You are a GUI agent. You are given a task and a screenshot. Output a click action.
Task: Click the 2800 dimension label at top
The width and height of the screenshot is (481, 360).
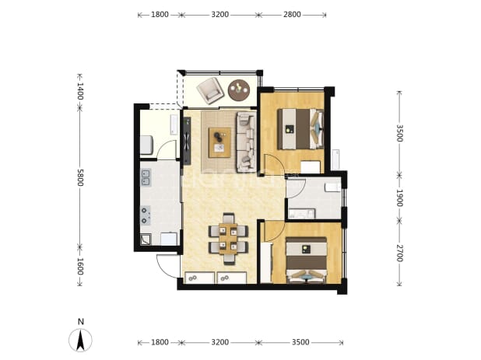click(292, 15)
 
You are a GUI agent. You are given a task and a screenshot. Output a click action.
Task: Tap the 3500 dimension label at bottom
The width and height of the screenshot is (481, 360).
click(300, 342)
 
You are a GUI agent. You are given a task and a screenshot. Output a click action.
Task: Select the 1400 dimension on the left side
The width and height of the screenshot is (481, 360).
click(79, 91)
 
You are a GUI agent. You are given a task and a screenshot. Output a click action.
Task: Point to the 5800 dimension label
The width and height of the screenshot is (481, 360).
click(79, 177)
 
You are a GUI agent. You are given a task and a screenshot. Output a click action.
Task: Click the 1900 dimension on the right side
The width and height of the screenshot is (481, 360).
click(399, 197)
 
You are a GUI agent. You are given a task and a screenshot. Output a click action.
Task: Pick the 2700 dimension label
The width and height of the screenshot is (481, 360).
click(399, 253)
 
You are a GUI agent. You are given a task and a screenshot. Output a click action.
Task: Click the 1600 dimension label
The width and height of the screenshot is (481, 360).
click(79, 266)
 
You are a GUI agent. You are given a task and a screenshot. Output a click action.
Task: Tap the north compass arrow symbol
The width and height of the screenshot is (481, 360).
click(80, 340)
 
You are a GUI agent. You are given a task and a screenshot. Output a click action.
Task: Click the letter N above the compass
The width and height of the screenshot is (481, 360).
click(81, 322)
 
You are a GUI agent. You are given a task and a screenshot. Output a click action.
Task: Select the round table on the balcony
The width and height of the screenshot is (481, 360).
click(239, 90)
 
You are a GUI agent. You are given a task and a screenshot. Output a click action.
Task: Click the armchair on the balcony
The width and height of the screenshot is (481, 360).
click(210, 90)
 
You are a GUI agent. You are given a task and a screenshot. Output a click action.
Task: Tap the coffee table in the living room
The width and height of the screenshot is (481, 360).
click(219, 142)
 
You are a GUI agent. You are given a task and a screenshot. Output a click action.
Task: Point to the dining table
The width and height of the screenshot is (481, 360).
click(228, 239)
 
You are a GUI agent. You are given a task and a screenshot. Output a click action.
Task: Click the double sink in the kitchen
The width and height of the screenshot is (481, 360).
click(145, 178)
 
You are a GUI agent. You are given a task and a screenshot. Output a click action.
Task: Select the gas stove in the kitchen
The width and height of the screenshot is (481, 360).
click(146, 215)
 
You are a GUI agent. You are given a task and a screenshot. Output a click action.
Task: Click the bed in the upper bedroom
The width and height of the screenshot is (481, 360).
click(300, 129)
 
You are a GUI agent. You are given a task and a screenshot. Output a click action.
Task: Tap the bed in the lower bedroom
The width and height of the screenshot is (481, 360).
click(306, 260)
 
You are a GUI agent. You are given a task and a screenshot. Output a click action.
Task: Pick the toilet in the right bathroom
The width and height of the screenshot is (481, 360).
click(333, 187)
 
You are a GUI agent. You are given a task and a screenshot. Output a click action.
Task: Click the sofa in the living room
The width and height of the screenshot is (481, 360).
click(246, 142)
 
